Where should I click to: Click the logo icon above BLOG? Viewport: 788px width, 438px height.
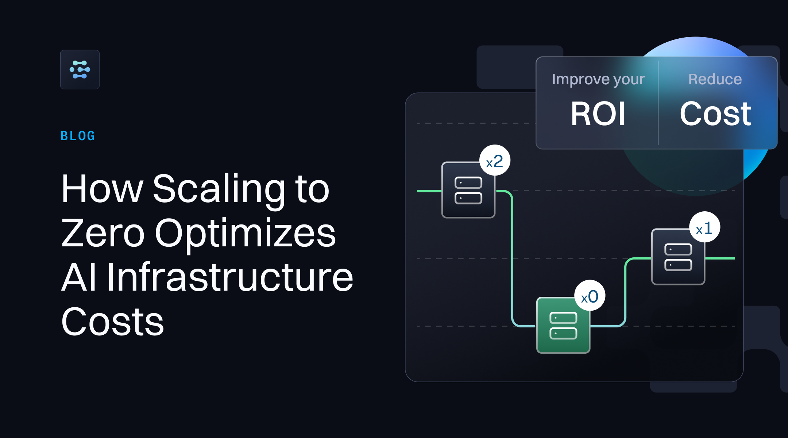point(80,69)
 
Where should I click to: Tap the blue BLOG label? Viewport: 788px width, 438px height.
point(78,136)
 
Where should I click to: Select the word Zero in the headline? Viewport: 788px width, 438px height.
point(103,234)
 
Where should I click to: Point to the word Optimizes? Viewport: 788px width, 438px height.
point(245,234)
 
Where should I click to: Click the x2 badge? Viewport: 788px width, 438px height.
point(494,161)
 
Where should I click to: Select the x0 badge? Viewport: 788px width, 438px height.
point(590,296)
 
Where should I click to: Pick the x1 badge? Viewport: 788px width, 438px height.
point(704,228)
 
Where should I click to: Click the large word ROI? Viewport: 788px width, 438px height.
point(598,114)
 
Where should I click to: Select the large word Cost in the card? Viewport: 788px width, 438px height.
point(715,114)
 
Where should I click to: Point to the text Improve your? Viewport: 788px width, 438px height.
point(598,79)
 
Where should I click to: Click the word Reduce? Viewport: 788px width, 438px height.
point(715,79)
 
